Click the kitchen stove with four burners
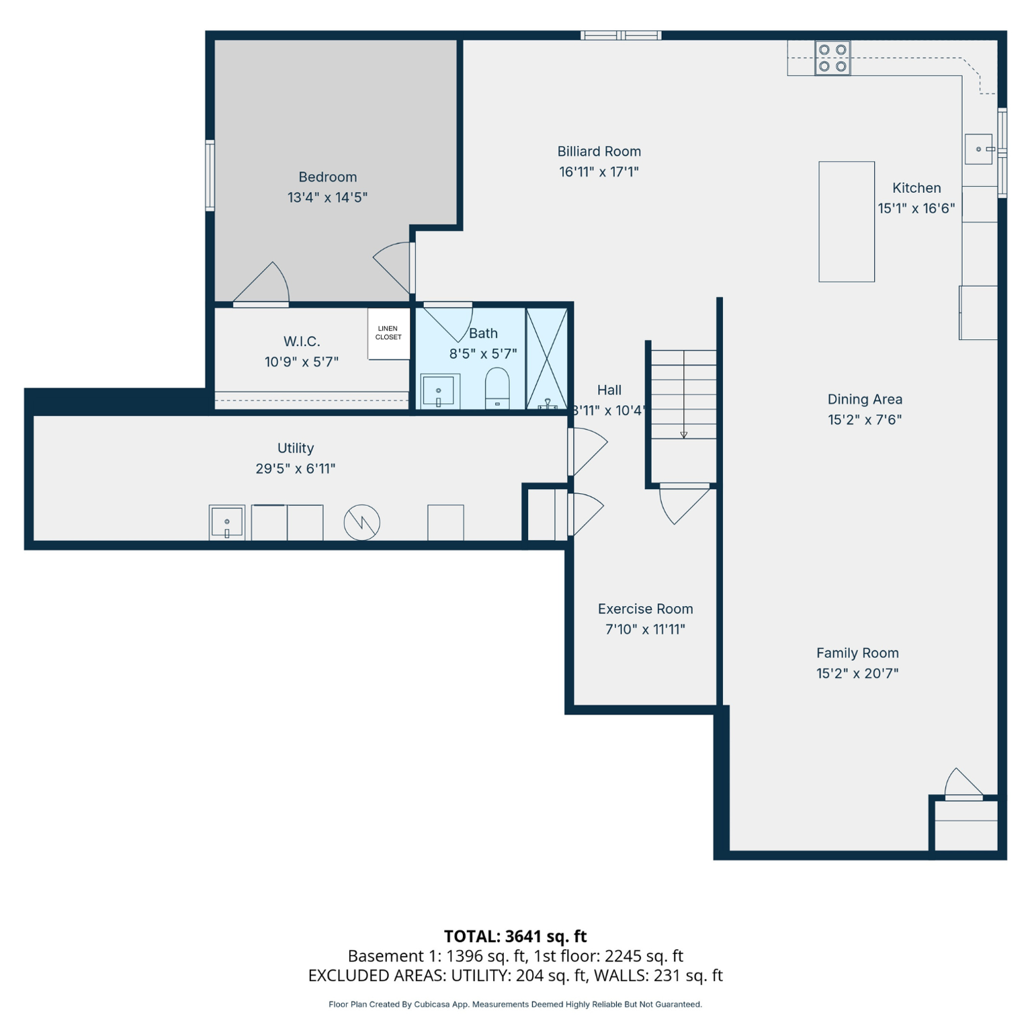[x=832, y=58]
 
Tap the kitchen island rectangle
[x=846, y=221]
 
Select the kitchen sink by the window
[x=978, y=149]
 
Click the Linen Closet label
[x=388, y=333]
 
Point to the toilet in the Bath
[x=497, y=388]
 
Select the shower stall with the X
[x=547, y=358]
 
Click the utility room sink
[x=226, y=522]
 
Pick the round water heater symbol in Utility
[x=361, y=522]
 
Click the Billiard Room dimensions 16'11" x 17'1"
[x=599, y=172]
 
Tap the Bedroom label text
[x=327, y=177]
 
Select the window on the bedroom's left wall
[x=210, y=175]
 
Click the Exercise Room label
[x=645, y=609]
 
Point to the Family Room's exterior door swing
[x=963, y=783]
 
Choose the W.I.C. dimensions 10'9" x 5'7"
[x=301, y=361]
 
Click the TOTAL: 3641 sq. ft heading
[x=515, y=936]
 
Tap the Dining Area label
[x=865, y=399]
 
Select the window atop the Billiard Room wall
[x=621, y=36]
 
